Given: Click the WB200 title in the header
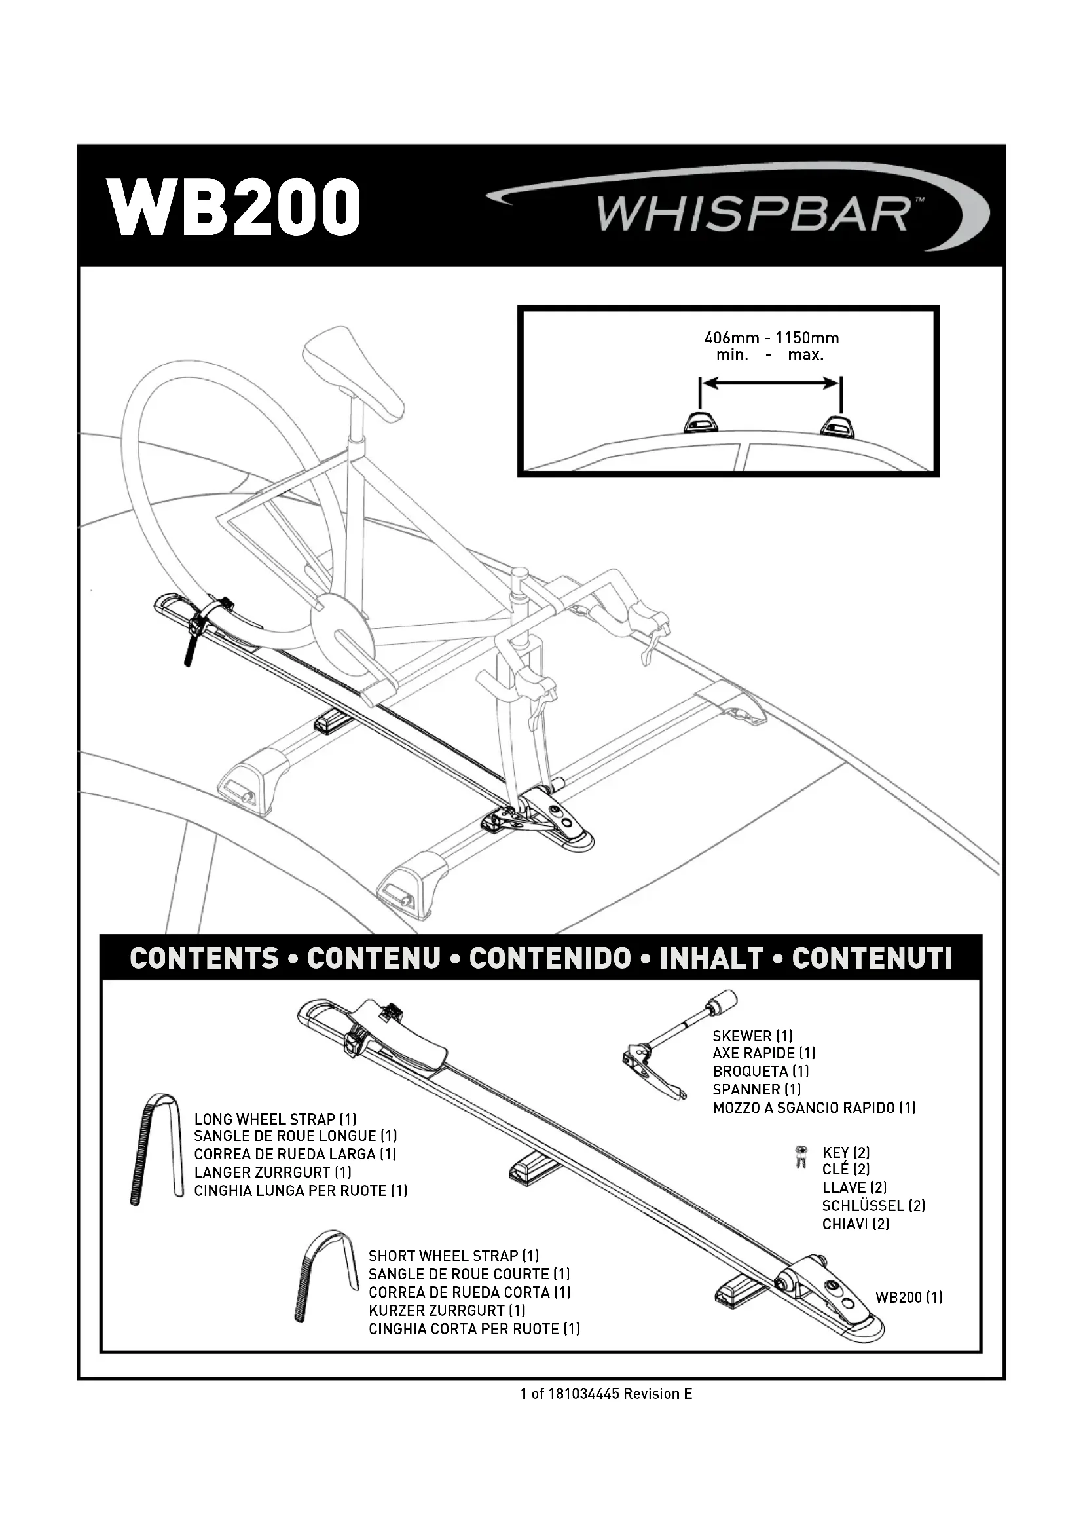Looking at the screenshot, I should point(236,207).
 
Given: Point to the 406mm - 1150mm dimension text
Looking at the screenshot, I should point(770,338).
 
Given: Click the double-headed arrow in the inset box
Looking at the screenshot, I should point(770,383).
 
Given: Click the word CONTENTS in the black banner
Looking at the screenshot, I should point(204,959).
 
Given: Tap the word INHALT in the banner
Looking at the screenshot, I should point(711,959).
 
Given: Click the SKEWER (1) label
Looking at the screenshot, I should point(752,1036).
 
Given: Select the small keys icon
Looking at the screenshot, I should point(799,1159).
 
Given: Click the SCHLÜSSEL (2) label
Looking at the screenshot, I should point(873,1206).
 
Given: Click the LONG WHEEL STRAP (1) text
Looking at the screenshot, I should point(275,1119).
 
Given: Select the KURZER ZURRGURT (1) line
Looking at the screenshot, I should point(447,1311).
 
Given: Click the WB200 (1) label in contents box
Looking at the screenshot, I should point(908,1297).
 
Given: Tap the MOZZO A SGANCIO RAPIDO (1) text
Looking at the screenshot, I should point(814,1108).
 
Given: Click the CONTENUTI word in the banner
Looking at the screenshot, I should point(872,959).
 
